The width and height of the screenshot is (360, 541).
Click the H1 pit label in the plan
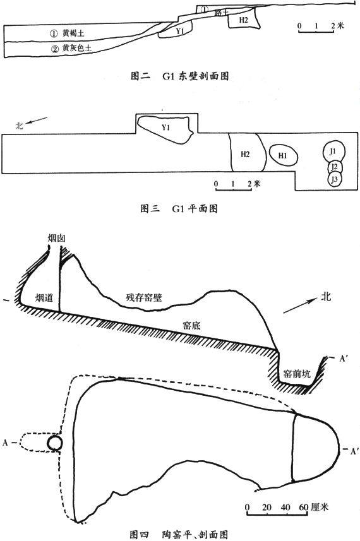pos(283,155)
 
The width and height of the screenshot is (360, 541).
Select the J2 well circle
pos(335,168)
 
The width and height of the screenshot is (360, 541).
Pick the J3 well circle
pos(335,179)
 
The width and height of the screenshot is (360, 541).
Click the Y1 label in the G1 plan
pos(165,128)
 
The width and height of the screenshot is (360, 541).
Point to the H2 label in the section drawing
pos(243,20)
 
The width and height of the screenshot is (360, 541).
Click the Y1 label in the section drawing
pos(179,32)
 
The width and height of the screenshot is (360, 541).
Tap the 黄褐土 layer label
pos(73,33)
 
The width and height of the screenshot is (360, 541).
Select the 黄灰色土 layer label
pos(77,49)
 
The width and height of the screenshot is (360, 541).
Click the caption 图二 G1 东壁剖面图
pos(180,76)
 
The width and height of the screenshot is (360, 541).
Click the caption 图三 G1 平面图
pos(179,208)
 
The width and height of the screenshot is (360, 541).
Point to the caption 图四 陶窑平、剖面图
pos(179,535)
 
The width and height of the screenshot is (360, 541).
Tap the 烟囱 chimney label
pos(57,238)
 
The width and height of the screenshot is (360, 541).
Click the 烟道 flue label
pos(44,297)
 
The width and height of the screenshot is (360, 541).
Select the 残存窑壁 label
pos(143,297)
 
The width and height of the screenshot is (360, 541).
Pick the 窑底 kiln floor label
pos(191,325)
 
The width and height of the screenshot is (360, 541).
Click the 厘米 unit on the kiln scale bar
pos(320,507)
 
